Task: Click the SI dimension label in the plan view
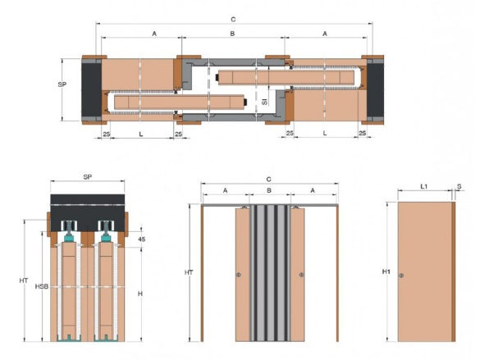[x=265, y=101]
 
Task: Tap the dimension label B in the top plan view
[x=232, y=34]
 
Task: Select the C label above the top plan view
[x=233, y=20]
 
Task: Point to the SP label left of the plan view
[x=62, y=84]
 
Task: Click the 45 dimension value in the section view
[x=141, y=239]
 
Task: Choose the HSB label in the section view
[x=42, y=286]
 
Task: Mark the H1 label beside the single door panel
[x=386, y=271]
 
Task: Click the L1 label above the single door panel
[x=424, y=186]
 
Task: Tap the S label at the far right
[x=459, y=186]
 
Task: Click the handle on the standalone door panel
[x=401, y=276]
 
